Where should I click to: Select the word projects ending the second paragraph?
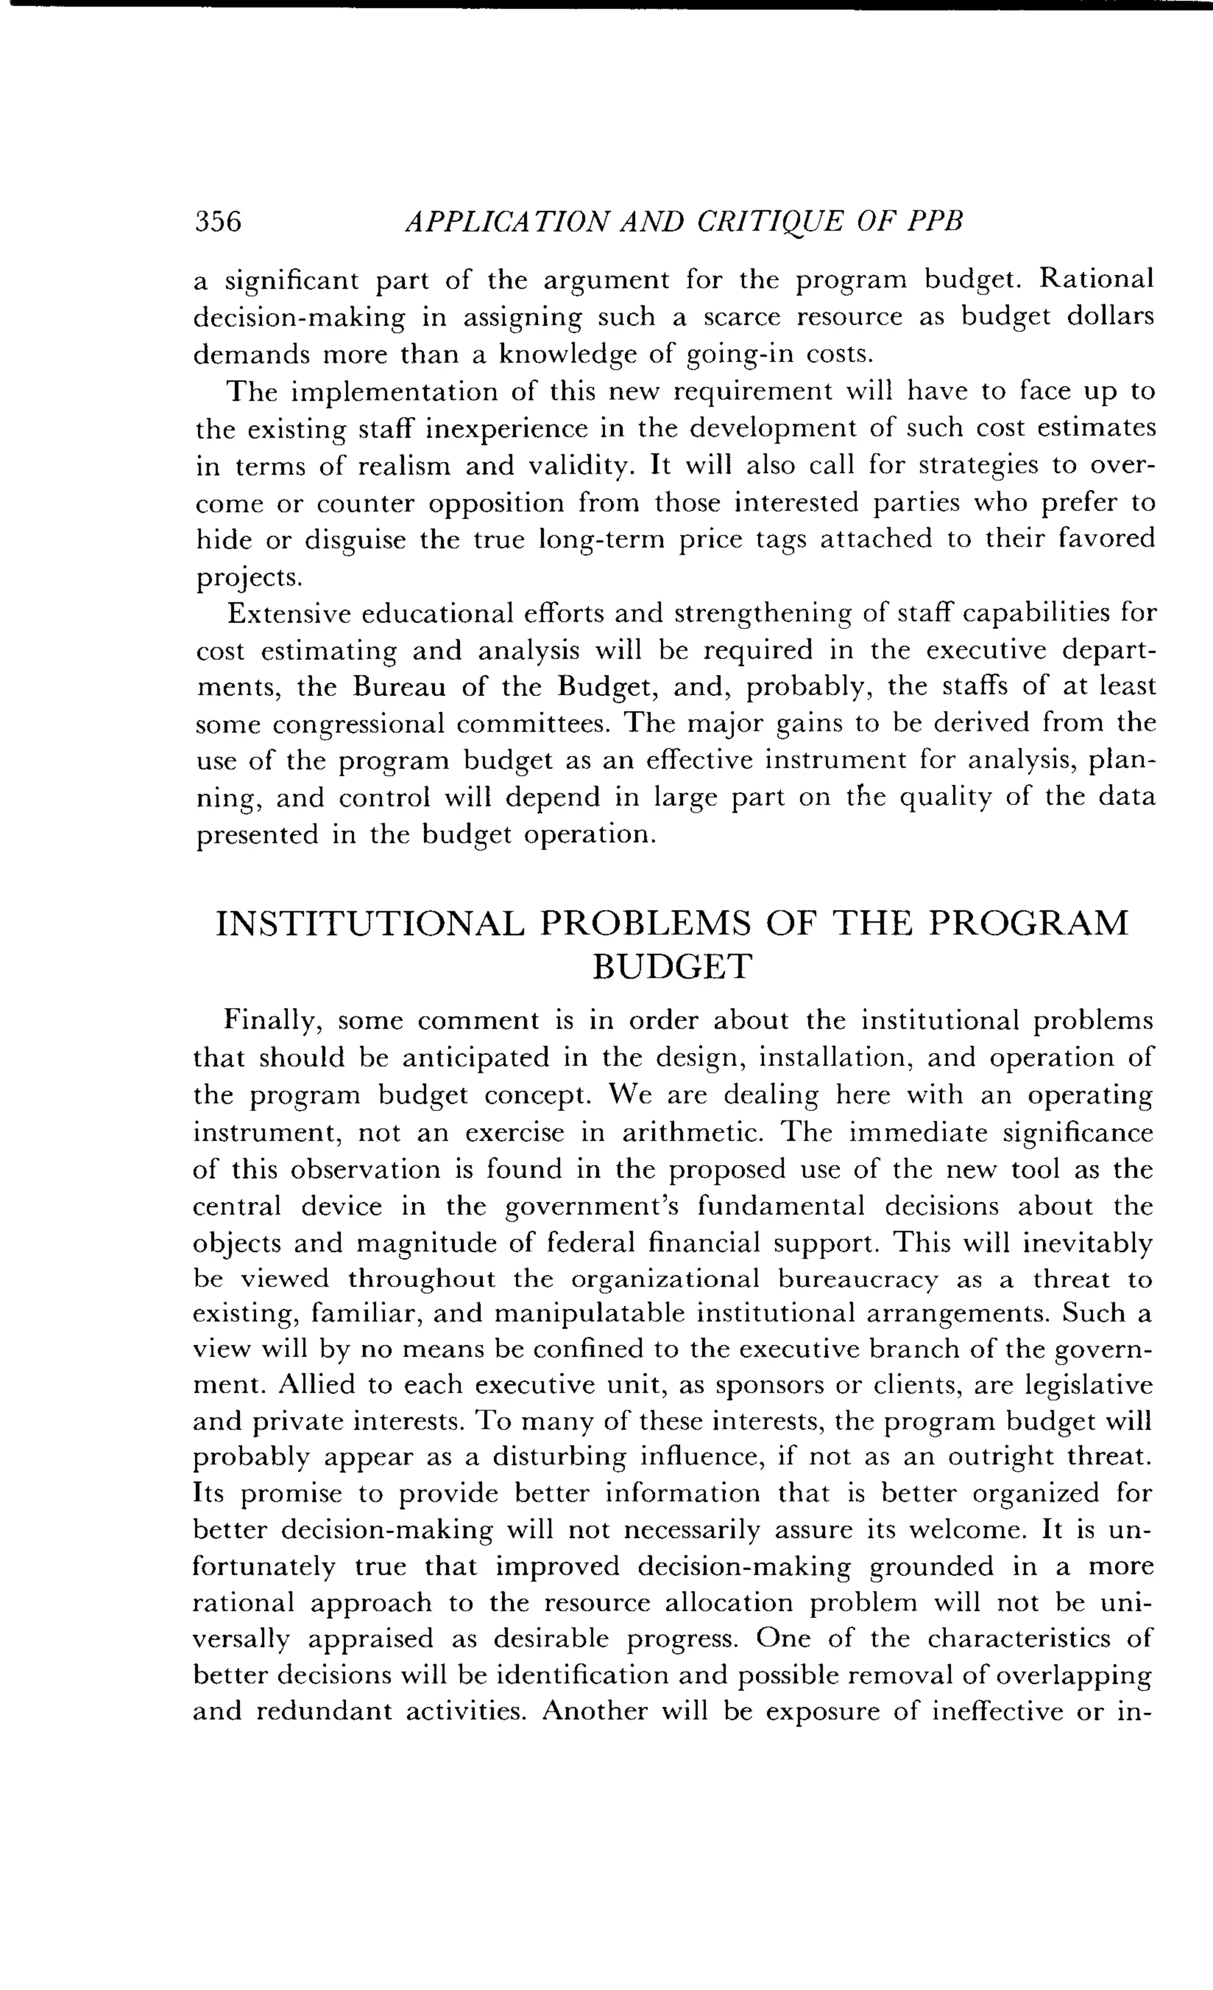coord(249,577)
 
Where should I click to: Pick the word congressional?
coord(358,724)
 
